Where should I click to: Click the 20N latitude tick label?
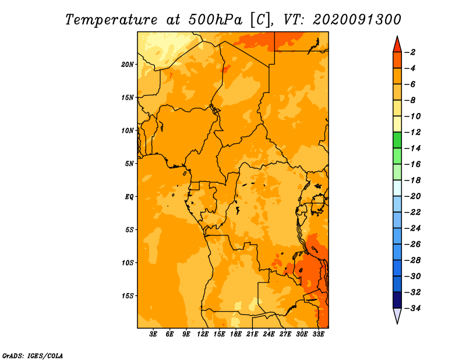tap(128, 65)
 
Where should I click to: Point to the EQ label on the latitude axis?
tap(129, 197)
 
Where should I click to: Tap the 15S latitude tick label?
tap(128, 296)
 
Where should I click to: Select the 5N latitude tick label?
tap(129, 164)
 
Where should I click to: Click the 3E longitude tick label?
tap(153, 334)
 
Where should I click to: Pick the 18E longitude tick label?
tap(236, 334)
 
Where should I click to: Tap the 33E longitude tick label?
tap(318, 334)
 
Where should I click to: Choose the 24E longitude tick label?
tap(269, 334)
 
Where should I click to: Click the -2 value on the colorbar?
tap(411, 52)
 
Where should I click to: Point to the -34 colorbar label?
tap(412, 308)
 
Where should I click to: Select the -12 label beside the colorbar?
tap(412, 132)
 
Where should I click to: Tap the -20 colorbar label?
tap(412, 196)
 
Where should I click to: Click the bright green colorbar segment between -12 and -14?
tap(397, 140)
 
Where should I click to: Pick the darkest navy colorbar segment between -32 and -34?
tap(397, 300)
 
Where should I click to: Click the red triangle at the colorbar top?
tap(397, 45)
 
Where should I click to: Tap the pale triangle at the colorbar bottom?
tap(397, 316)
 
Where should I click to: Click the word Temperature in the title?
tap(111, 20)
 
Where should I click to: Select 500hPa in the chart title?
tap(215, 20)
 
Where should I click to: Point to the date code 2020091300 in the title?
tap(356, 20)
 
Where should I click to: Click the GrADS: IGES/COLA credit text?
tap(33, 355)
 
